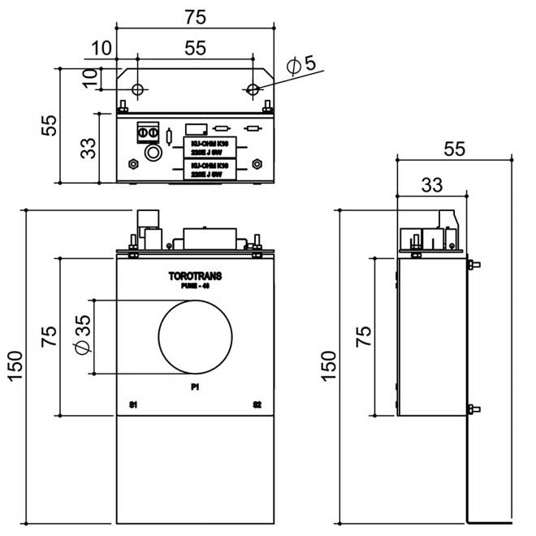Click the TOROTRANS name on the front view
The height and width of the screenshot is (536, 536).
(x=195, y=276)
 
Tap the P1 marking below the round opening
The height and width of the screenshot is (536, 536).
(x=195, y=387)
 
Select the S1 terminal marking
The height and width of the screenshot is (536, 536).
(x=134, y=404)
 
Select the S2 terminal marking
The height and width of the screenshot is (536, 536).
(x=257, y=404)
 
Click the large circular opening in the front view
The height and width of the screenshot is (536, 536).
(x=196, y=336)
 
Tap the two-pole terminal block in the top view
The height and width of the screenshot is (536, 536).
(x=149, y=130)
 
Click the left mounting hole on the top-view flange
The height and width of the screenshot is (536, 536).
(x=137, y=89)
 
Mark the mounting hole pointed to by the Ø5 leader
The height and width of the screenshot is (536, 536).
(x=253, y=89)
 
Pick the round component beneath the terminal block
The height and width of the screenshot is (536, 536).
(x=151, y=153)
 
